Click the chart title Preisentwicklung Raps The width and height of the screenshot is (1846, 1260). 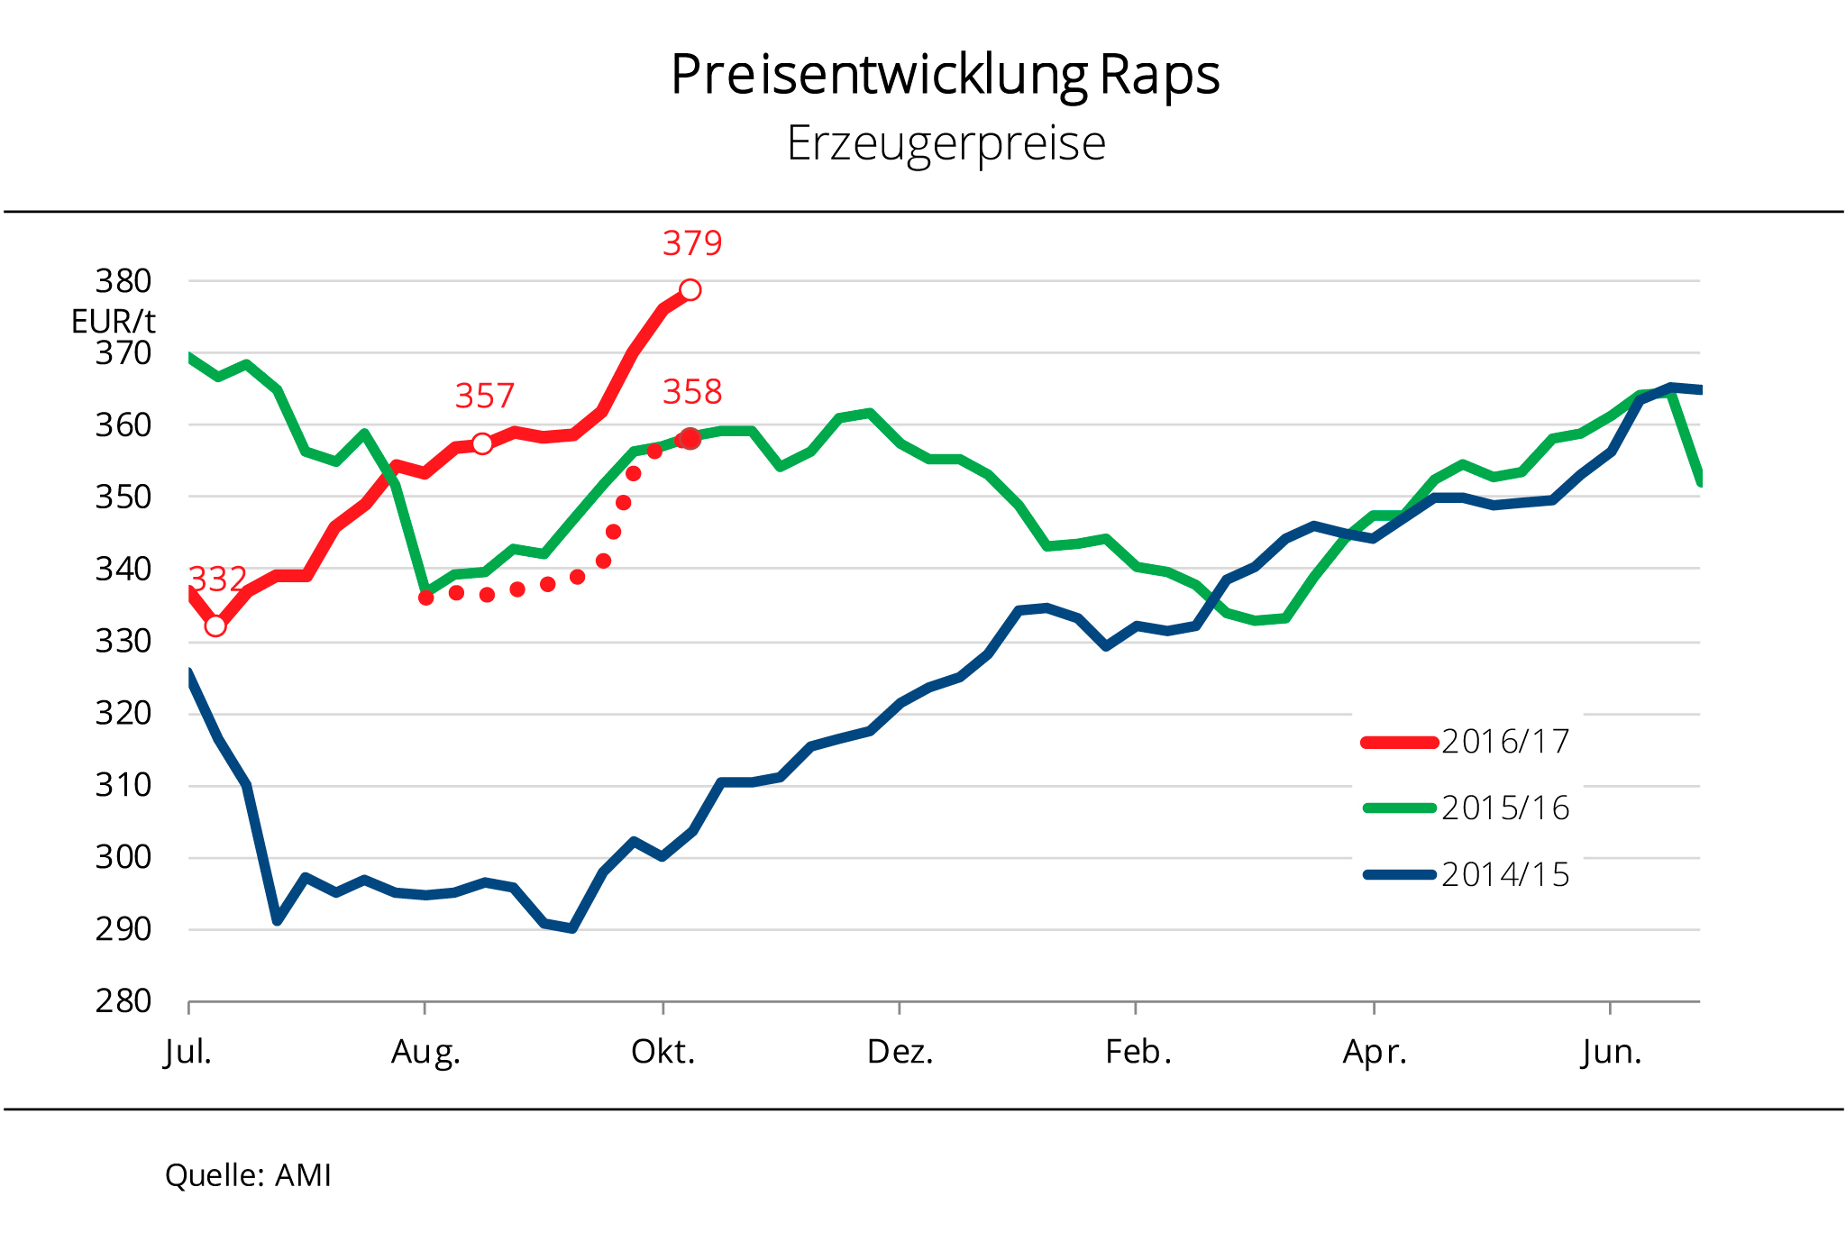[945, 74]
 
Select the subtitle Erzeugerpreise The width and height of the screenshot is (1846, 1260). [946, 143]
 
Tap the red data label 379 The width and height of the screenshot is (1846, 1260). [692, 243]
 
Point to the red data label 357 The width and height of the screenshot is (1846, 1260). [484, 396]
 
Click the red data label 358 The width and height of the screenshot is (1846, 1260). [692, 392]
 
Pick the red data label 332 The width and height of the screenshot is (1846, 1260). [217, 579]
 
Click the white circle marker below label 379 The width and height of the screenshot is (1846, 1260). [690, 290]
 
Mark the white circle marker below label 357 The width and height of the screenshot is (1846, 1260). [482, 443]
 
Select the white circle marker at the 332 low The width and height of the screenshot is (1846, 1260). [215, 625]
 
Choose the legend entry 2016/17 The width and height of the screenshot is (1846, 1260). [1505, 742]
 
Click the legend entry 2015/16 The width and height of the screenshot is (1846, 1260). [1505, 808]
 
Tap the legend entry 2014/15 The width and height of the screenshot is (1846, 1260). [1505, 875]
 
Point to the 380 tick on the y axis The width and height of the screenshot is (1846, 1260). [123, 281]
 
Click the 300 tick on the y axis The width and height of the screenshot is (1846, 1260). [123, 857]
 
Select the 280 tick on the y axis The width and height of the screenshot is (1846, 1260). [123, 1001]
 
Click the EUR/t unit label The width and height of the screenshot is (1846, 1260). [114, 321]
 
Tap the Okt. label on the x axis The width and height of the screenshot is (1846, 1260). [663, 1052]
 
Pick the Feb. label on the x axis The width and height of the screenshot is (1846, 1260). [1138, 1052]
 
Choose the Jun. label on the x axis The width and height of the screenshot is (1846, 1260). [1612, 1052]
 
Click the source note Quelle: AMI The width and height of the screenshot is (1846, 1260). [249, 1175]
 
